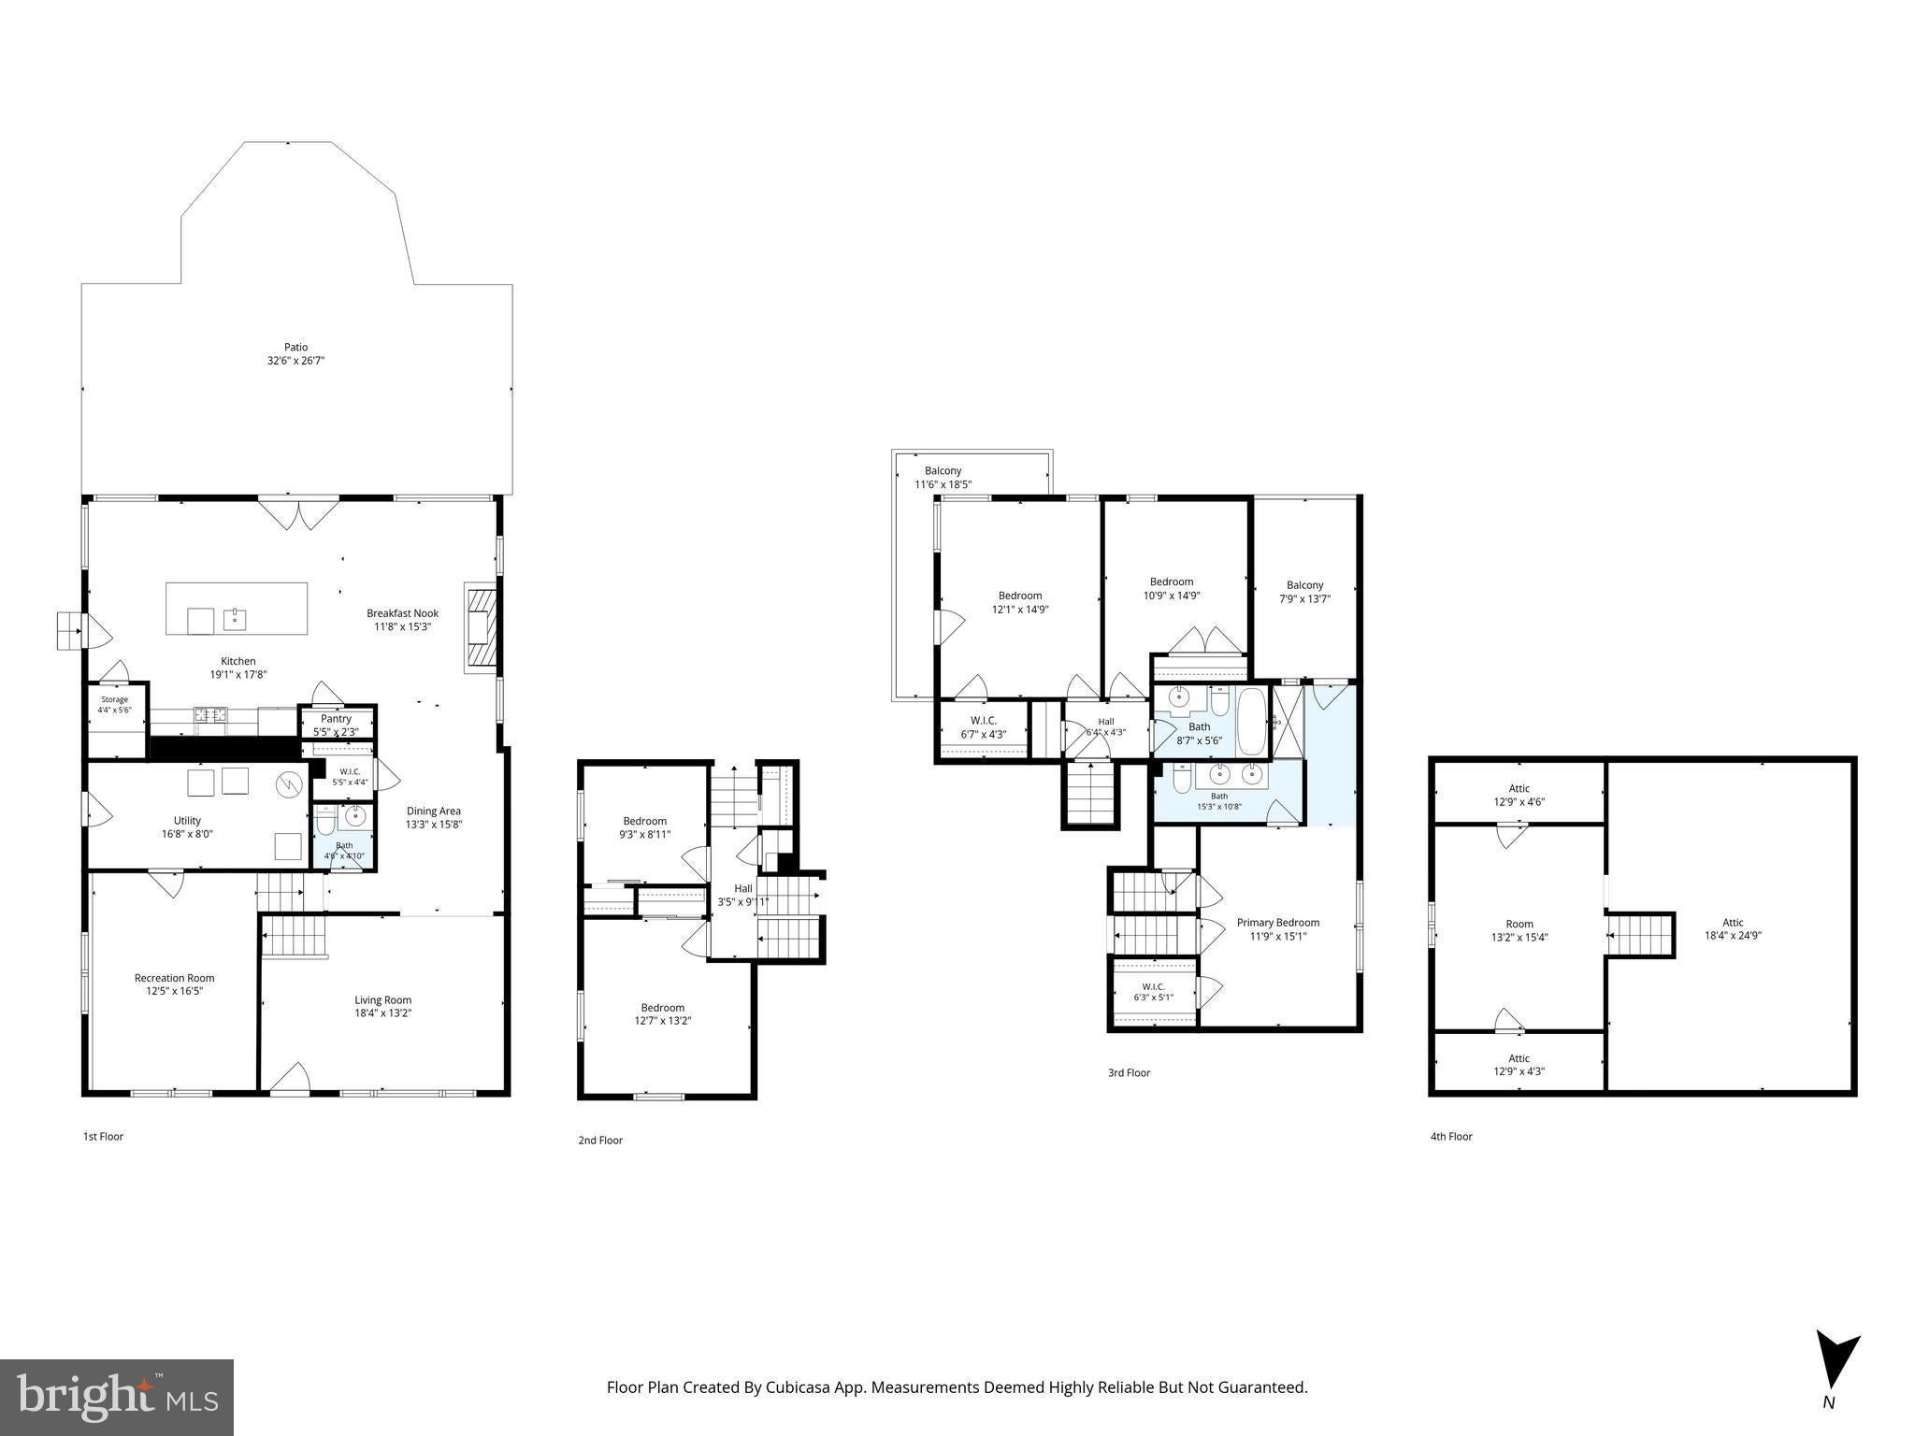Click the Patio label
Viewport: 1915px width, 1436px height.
click(295, 353)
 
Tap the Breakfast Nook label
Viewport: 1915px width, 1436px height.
click(402, 620)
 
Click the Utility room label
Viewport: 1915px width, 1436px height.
click(187, 826)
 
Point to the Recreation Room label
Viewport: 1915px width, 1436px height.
click(174, 984)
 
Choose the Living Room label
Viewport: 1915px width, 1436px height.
click(383, 1006)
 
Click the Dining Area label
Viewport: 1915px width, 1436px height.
click(434, 818)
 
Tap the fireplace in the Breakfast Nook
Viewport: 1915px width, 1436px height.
click(480, 627)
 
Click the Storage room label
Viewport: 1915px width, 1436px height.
click(114, 705)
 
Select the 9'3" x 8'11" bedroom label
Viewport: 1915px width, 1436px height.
click(645, 827)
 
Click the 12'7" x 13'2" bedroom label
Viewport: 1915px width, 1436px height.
click(663, 1013)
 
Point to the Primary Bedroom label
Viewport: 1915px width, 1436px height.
click(1278, 928)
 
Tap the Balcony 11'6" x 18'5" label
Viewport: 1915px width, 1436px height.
click(943, 478)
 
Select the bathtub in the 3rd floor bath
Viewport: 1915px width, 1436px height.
click(1253, 722)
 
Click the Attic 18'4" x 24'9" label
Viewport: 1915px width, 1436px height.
click(1733, 928)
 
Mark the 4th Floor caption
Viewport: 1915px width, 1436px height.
click(1451, 1136)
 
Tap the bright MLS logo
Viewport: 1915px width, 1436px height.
click(116, 1396)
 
